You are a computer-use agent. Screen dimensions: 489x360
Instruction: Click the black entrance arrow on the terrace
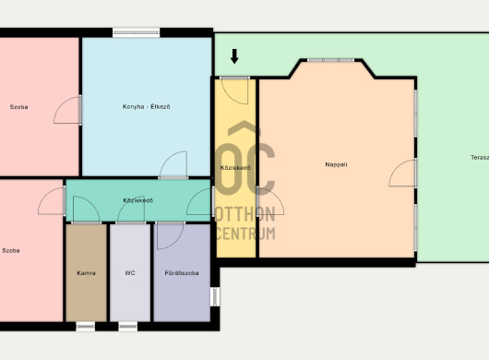[x=234, y=56]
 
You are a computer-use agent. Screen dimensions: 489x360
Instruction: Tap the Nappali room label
[x=336, y=164]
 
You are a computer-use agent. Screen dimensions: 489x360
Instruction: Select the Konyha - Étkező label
[x=147, y=107]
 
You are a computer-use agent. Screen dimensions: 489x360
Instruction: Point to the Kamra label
[x=86, y=273]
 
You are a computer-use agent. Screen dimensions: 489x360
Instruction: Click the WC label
[x=130, y=273]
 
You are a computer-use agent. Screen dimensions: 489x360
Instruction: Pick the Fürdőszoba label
[x=182, y=273]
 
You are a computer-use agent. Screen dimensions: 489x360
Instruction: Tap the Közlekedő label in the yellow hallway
[x=235, y=168]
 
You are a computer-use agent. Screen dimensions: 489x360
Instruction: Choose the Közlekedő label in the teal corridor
[x=138, y=200]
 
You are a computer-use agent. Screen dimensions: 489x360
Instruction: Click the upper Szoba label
[x=18, y=107]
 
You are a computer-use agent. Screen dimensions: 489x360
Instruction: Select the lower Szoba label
[x=11, y=250]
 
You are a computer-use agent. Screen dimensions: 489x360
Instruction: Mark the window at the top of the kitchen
[x=136, y=32]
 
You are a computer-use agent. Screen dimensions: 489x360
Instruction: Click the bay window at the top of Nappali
[x=330, y=60]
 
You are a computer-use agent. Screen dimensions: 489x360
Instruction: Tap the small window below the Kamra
[x=86, y=327]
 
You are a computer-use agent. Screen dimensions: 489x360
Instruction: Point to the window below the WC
[x=128, y=327]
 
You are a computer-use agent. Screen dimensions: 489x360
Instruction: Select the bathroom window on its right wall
[x=215, y=296]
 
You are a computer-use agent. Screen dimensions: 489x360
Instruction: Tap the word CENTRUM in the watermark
[x=245, y=234]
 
